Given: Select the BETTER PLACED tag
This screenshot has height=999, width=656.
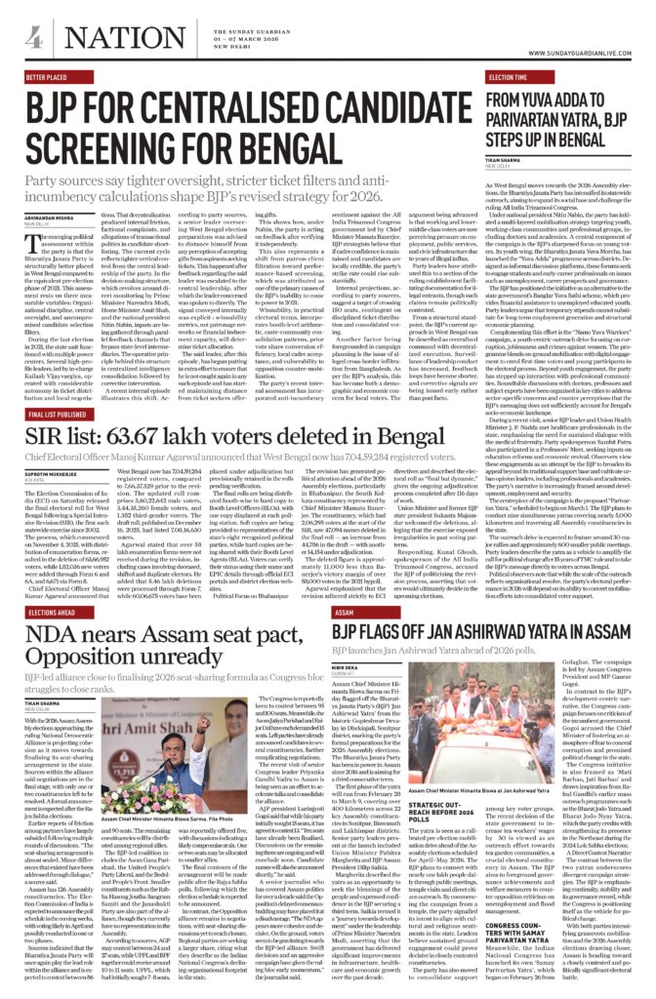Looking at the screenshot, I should click(x=49, y=75).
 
